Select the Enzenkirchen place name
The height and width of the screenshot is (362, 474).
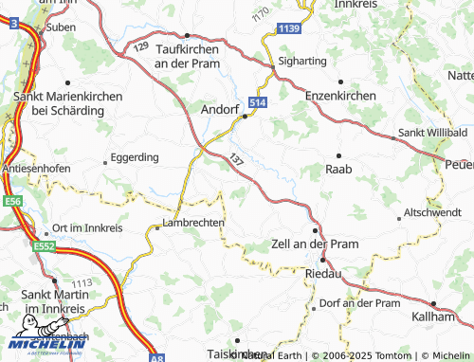(340, 97)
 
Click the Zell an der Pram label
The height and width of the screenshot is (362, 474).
(315, 244)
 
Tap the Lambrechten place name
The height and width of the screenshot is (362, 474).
(193, 223)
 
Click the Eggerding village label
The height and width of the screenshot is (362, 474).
(135, 156)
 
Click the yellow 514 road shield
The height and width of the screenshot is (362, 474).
(257, 101)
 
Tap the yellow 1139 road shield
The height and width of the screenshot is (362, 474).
(289, 32)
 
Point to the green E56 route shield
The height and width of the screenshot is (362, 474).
(12, 202)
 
